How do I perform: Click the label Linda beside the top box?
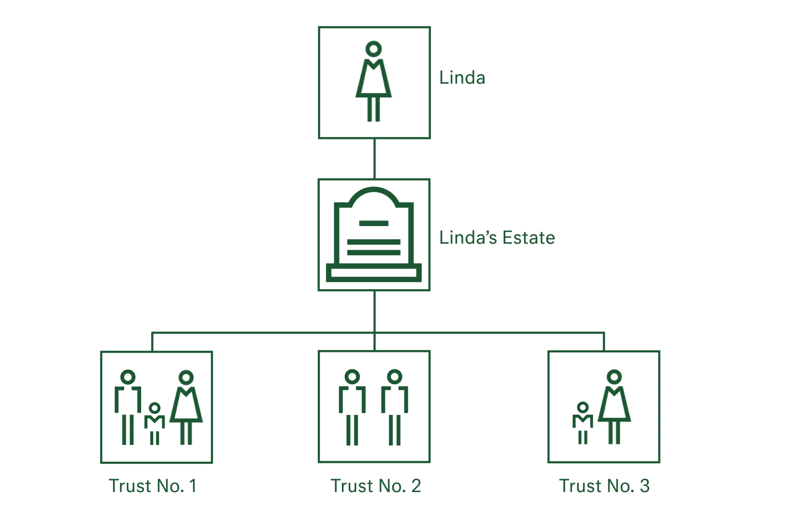[461, 78]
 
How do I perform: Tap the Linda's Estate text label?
[496, 238]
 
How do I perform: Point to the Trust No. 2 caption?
[376, 486]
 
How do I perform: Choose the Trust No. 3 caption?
[605, 486]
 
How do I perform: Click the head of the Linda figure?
[374, 48]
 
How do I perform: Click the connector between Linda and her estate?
[374, 160]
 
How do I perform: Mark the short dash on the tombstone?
[373, 223]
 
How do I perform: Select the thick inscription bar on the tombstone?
[374, 248]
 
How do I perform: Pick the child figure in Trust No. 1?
[155, 423]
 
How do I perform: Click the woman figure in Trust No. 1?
[186, 407]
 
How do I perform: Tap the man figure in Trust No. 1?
[127, 407]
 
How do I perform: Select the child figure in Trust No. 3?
[582, 423]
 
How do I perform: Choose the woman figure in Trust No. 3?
[614, 407]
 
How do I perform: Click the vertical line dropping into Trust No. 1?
[152, 340]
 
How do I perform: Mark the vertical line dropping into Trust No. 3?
[605, 340]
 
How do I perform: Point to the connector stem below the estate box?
[374, 312]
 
